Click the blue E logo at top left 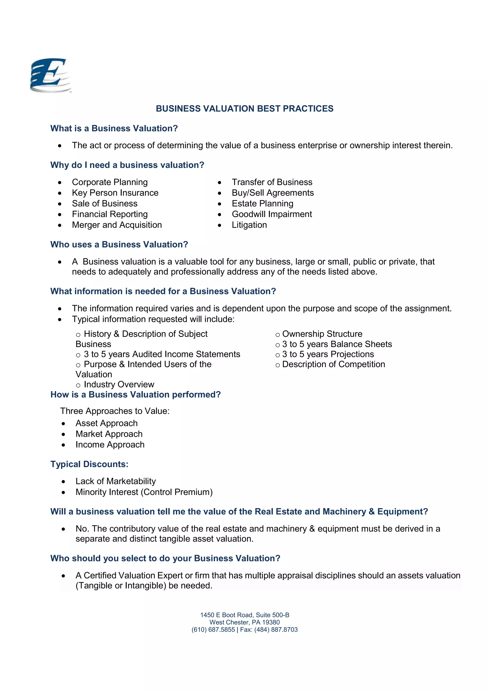click(x=51, y=75)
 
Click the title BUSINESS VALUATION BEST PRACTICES click(x=244, y=109)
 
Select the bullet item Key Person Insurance click(x=115, y=193)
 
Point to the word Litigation click(x=249, y=225)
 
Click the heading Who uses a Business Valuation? click(x=119, y=244)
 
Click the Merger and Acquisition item click(x=117, y=225)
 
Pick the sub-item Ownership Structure click(x=322, y=334)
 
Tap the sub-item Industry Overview click(x=119, y=384)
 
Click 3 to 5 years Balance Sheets click(x=337, y=344)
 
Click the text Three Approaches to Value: click(x=115, y=411)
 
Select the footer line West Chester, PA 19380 click(x=244, y=622)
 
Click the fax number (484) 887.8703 click(x=276, y=630)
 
